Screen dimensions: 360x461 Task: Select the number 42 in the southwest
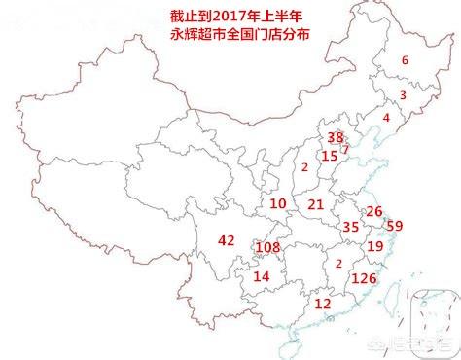(227, 240)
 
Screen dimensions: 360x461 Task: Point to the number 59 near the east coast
(394, 226)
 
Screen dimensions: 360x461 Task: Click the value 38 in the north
(336, 137)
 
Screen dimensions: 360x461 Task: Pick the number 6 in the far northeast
(405, 60)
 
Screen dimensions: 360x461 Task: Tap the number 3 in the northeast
(403, 95)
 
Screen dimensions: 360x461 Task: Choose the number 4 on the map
(386, 118)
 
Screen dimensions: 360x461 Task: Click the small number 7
(345, 150)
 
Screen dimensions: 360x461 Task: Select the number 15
(330, 156)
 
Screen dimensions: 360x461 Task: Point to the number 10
(278, 204)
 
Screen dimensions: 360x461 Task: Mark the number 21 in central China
(315, 204)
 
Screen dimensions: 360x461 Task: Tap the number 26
(373, 212)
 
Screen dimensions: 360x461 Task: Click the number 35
(351, 227)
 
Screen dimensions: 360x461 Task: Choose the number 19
(374, 246)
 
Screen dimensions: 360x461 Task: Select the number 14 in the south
(261, 277)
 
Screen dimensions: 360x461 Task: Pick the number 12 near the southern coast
(323, 304)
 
